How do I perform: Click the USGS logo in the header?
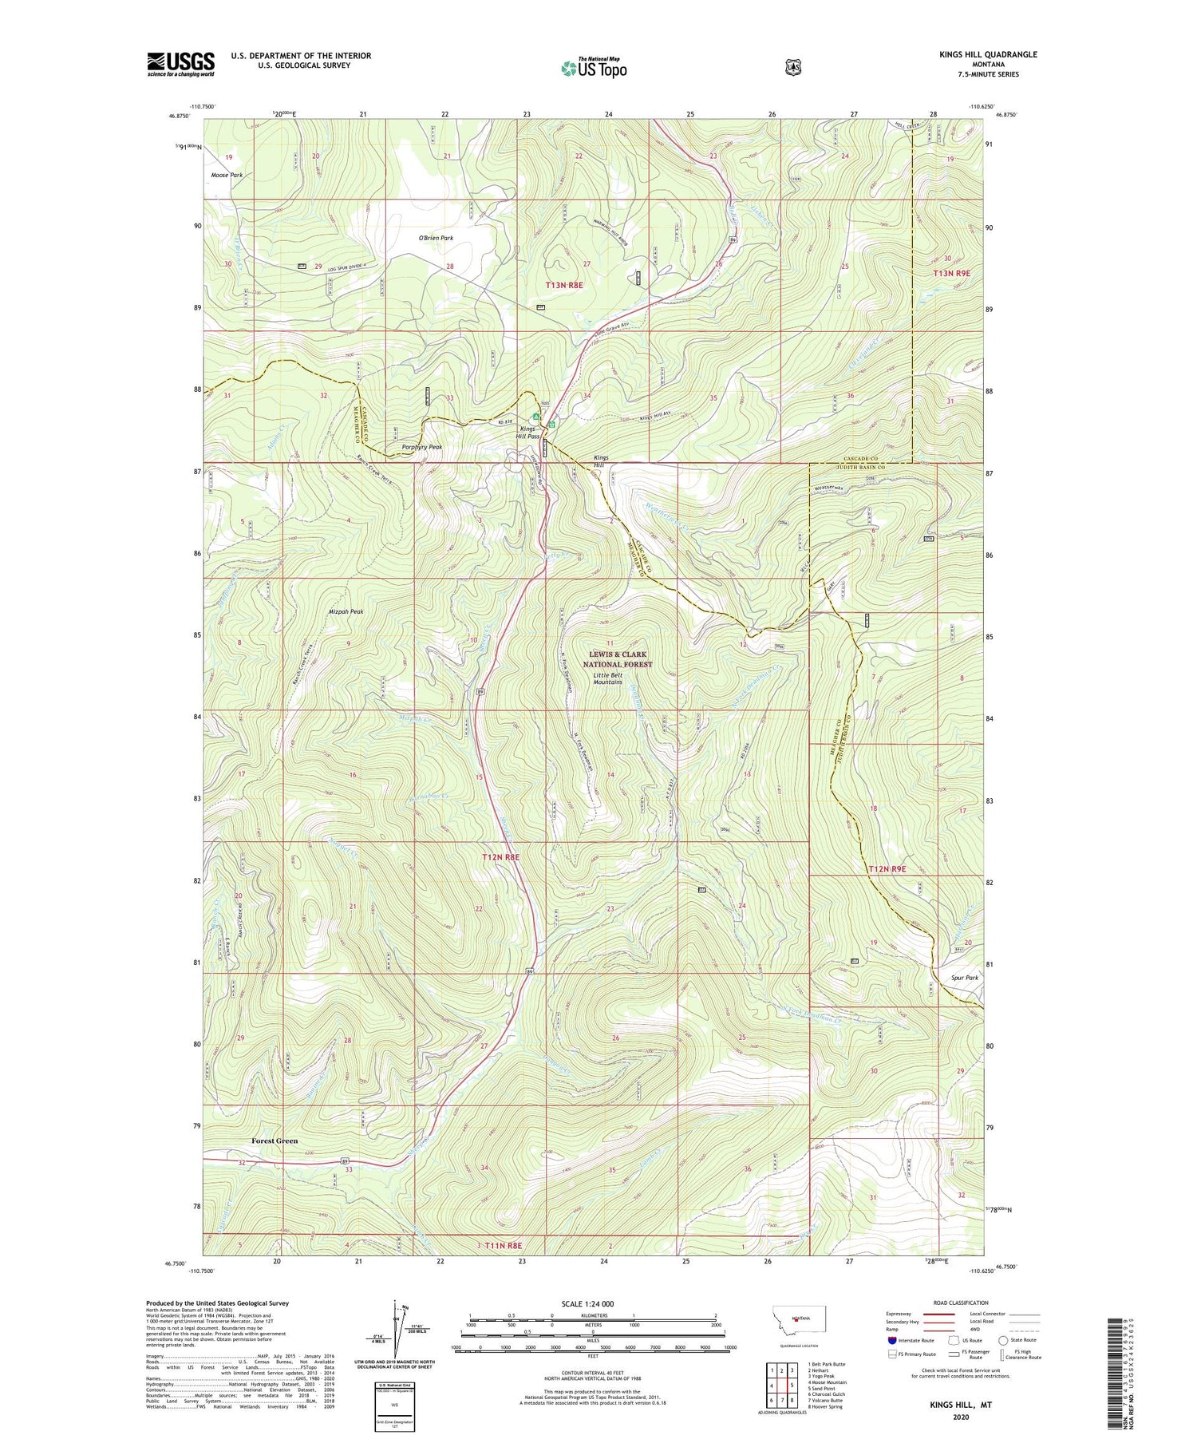pos(180,64)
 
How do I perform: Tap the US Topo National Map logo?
pos(594,67)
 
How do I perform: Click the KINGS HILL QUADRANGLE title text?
pos(989,54)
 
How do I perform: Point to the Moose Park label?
pos(227,175)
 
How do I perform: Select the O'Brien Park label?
pos(436,238)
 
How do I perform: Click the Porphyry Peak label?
pos(422,447)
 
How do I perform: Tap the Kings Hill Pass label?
pos(527,433)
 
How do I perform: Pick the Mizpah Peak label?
pos(346,611)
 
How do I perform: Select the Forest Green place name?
pos(275,1141)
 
